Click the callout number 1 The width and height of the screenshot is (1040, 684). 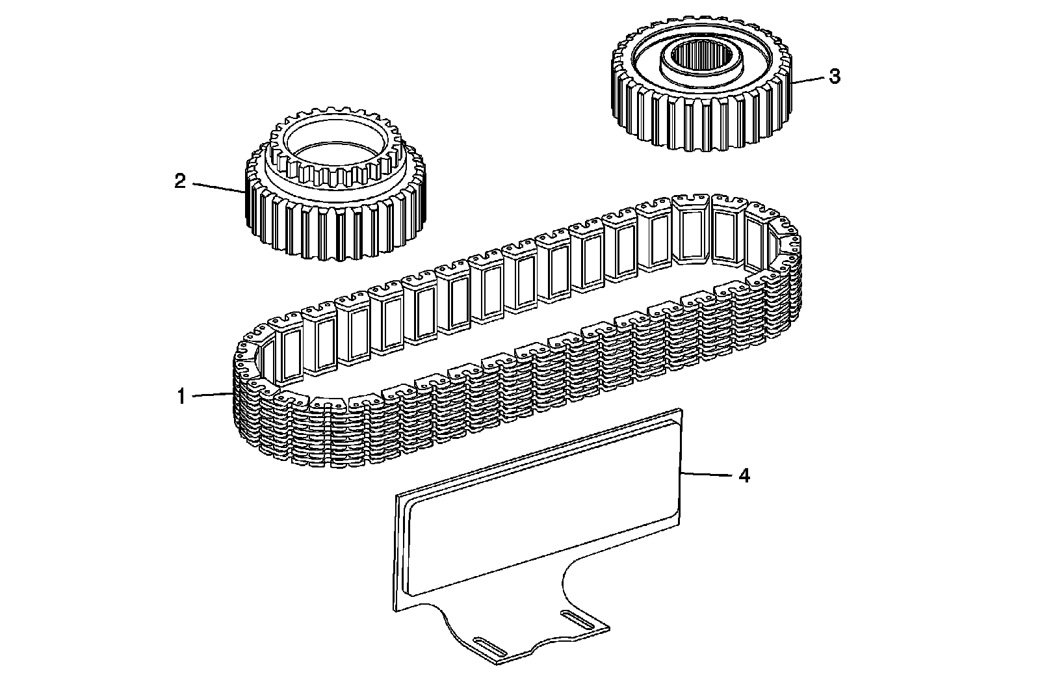(183, 396)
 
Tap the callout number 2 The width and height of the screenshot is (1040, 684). (180, 181)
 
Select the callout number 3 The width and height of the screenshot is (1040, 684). (834, 77)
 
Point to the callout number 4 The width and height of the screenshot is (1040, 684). (744, 476)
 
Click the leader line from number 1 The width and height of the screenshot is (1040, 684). (211, 395)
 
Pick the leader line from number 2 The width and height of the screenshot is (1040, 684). (218, 187)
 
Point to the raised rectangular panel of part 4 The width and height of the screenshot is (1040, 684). (539, 507)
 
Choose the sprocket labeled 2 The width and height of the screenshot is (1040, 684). (335, 215)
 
